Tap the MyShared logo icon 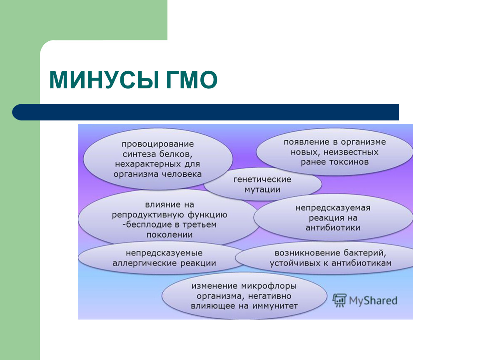[x=339, y=300]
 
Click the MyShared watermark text [x=373, y=301]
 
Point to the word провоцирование [x=157, y=144]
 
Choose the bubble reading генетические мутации [x=263, y=184]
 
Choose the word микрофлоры [x=269, y=286]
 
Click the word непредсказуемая [x=333, y=208]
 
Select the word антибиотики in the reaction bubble [x=333, y=227]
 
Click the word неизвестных [x=351, y=152]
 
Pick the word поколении [x=170, y=235]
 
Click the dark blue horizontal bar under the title [x=206, y=112]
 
